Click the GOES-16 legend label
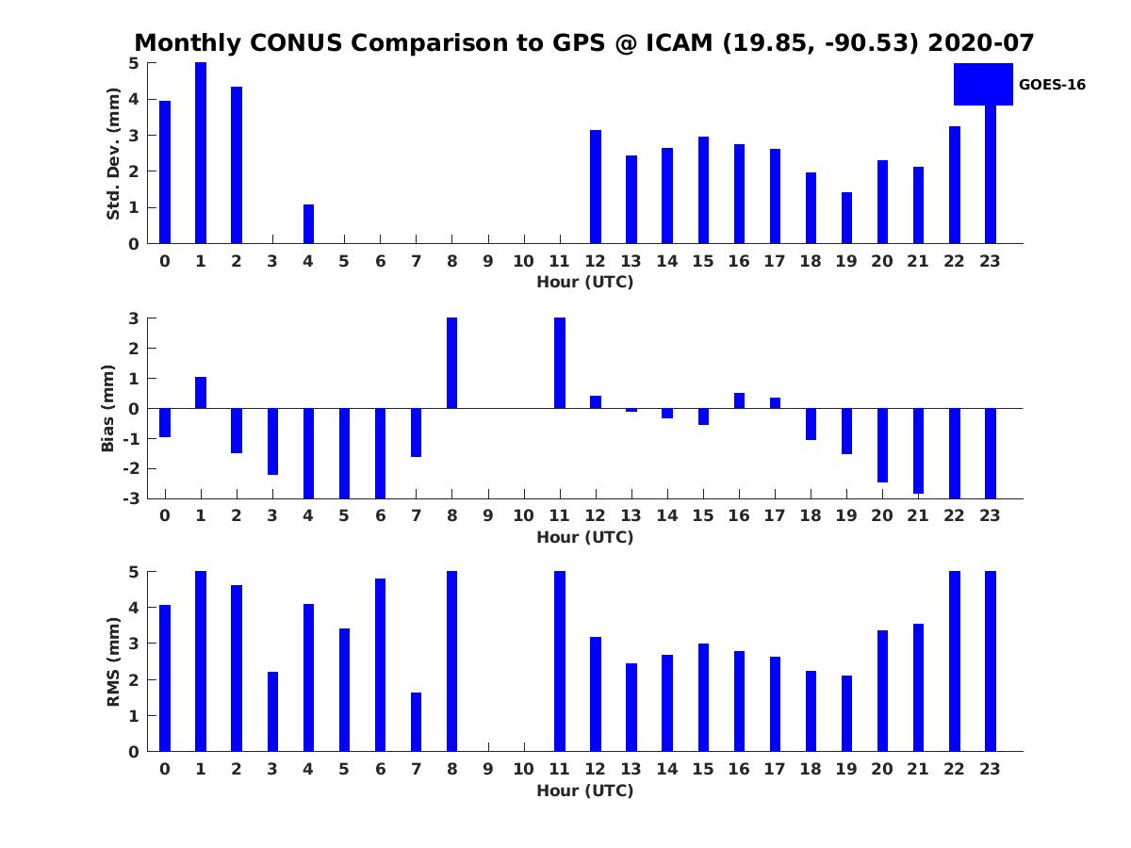(1052, 85)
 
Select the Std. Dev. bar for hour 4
(308, 224)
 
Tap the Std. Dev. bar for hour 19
(846, 218)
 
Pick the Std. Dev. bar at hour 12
(596, 187)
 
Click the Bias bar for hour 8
(451, 363)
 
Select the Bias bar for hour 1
(201, 393)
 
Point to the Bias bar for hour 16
(739, 400)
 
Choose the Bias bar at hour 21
(918, 450)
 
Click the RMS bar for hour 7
(416, 722)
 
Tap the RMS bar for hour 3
(272, 711)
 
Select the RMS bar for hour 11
(560, 661)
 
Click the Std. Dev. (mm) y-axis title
(114, 154)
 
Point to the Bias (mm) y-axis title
(109, 409)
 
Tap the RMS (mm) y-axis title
(114, 662)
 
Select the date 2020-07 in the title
(980, 43)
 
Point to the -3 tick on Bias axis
(134, 498)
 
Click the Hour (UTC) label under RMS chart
(584, 791)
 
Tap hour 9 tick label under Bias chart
(487, 515)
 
